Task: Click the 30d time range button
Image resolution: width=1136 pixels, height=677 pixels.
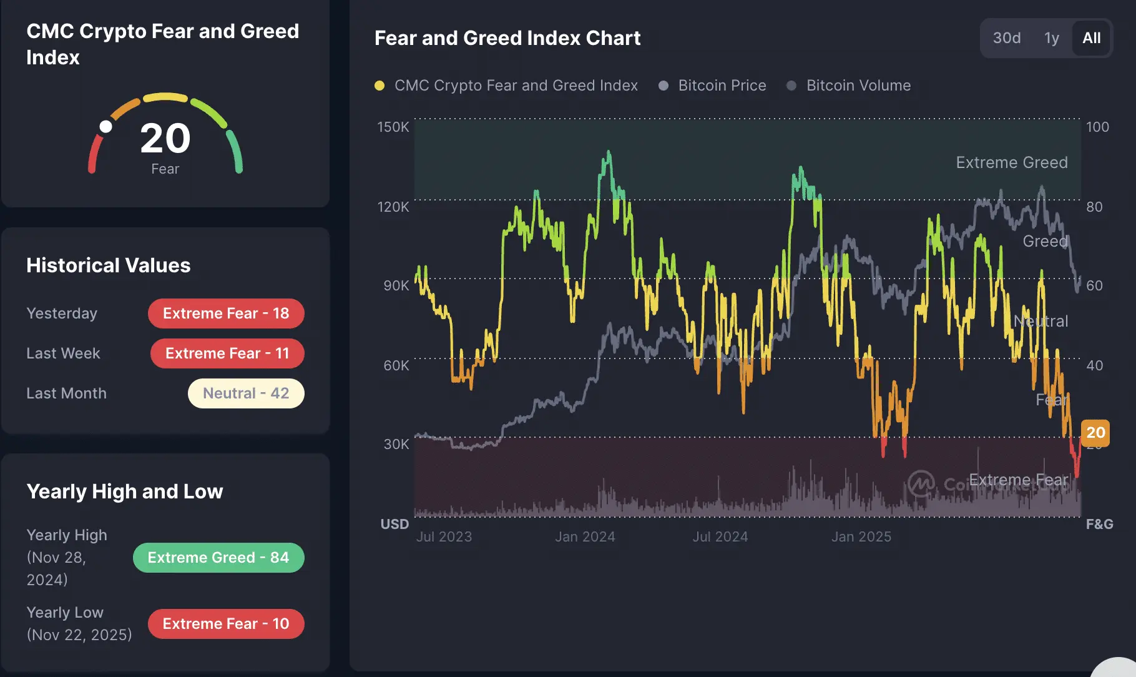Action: [1007, 38]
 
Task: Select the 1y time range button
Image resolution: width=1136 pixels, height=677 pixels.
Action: [1052, 38]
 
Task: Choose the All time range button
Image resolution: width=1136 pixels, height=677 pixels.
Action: [1091, 38]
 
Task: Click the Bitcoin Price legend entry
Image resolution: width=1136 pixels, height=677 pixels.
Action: [722, 86]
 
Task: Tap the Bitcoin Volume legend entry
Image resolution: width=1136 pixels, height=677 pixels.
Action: [858, 86]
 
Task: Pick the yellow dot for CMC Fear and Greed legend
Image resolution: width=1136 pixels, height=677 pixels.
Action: [379, 86]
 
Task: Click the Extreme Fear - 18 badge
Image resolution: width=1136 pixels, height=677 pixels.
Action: [226, 314]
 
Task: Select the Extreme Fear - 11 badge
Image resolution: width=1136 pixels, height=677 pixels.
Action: [227, 353]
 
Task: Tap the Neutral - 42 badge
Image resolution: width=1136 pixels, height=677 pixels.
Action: [246, 393]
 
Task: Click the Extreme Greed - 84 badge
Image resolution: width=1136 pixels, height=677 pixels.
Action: [218, 558]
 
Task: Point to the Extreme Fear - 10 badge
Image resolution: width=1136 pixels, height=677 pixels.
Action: [226, 624]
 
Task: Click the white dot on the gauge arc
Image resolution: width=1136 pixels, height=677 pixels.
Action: [106, 127]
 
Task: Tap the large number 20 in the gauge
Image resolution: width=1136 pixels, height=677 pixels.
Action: [165, 138]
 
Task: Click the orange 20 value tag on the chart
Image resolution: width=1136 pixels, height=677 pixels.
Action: [1095, 433]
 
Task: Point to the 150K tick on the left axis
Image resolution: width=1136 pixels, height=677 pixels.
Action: [393, 127]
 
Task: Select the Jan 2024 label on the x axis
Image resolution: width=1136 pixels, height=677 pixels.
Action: [585, 537]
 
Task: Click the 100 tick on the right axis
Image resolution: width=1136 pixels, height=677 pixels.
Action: [1097, 127]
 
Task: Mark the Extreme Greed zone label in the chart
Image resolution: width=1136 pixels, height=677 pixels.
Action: [1011, 162]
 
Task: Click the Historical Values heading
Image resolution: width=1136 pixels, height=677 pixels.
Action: [109, 265]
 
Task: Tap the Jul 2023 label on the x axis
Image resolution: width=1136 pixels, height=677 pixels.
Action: [444, 537]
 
